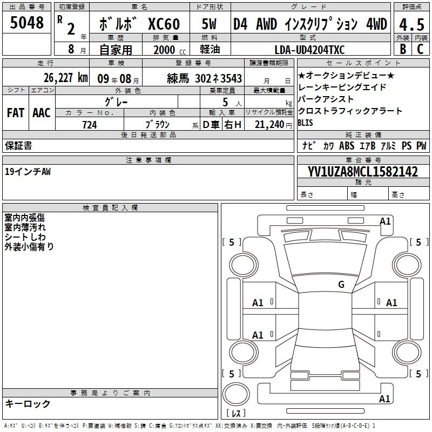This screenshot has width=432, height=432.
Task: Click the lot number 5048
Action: [26, 23]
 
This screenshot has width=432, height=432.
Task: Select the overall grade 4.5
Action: [411, 24]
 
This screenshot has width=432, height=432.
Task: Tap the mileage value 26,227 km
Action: [65, 78]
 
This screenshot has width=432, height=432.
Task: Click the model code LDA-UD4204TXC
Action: [309, 50]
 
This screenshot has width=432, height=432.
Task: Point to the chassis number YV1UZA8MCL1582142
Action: [363, 172]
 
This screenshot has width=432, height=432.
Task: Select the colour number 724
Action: [90, 125]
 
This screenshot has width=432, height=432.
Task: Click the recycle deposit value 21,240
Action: [269, 125]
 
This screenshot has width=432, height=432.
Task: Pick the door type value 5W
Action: [209, 24]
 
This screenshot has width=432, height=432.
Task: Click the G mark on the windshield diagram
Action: [341, 284]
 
